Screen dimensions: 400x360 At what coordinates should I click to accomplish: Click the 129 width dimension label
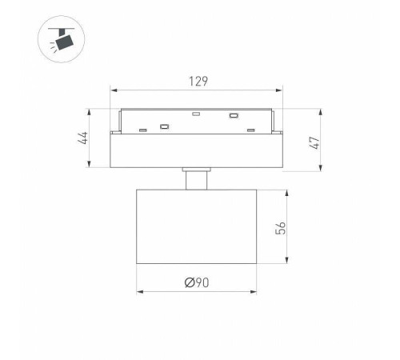(198, 82)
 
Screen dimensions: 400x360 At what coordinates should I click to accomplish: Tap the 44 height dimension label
(83, 138)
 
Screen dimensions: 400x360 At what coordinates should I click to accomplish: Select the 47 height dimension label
(314, 143)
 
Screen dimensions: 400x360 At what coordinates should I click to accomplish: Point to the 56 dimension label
(280, 228)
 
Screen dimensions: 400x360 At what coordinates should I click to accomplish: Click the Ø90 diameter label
(197, 282)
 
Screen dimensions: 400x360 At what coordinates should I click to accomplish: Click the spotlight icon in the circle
(61, 39)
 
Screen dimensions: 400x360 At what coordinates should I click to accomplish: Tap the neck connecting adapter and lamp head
(197, 181)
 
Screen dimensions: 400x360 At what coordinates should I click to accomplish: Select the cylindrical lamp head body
(197, 226)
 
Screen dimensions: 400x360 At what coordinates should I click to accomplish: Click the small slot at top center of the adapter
(196, 114)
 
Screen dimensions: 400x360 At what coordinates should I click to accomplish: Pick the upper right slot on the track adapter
(234, 116)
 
